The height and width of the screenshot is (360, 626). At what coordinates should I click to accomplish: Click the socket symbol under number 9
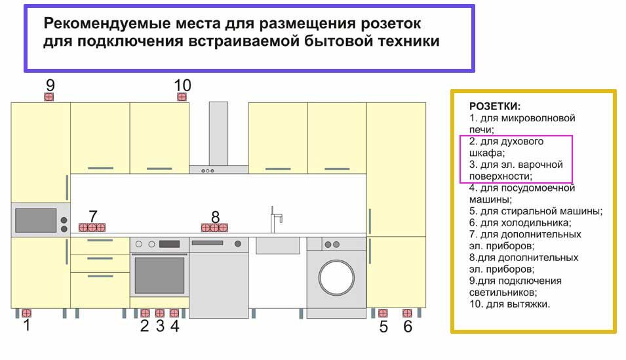[49, 96]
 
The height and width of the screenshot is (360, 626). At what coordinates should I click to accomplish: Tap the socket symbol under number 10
[182, 96]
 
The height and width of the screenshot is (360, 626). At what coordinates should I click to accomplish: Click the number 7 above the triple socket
[93, 216]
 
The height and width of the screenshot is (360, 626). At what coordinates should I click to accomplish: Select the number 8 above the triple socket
[215, 217]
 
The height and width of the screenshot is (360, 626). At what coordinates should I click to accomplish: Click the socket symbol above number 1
[26, 313]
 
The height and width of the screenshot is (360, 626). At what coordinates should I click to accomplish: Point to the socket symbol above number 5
[383, 313]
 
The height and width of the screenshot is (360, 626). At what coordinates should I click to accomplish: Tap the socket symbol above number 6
[407, 313]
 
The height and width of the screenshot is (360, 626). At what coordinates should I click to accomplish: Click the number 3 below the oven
[160, 326]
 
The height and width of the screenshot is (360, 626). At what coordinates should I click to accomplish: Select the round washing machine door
[336, 277]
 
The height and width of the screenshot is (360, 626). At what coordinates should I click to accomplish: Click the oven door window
[159, 275]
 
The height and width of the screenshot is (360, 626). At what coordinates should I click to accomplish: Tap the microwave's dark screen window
[35, 220]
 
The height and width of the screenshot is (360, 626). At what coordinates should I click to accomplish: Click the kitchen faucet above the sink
[276, 220]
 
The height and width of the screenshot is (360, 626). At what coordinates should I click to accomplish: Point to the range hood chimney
[218, 134]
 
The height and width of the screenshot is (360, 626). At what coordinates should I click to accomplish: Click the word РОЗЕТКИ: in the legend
[495, 106]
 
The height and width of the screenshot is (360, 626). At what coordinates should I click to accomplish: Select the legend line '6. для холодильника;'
[520, 222]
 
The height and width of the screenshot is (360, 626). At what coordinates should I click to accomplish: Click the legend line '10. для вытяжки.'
[509, 304]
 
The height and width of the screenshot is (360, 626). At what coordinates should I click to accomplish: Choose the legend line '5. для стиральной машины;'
[536, 211]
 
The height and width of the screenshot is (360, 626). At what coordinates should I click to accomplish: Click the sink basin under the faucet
[277, 245]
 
